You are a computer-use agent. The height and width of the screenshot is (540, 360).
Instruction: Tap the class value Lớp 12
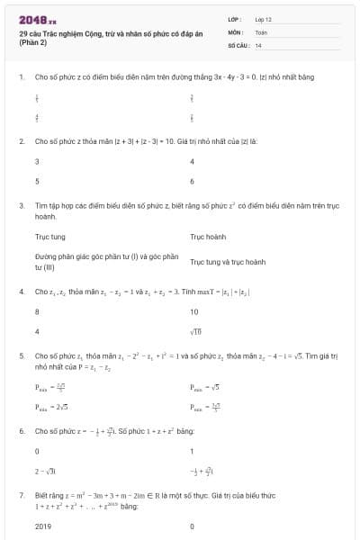click(x=264, y=18)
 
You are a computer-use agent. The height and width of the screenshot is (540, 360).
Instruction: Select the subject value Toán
click(x=261, y=31)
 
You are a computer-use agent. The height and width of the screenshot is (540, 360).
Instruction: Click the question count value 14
click(x=258, y=44)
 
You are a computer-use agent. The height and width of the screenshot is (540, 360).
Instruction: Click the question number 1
click(x=21, y=77)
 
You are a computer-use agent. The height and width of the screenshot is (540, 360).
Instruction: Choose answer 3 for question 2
click(x=37, y=162)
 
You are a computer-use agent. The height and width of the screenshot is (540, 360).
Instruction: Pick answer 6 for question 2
click(x=193, y=180)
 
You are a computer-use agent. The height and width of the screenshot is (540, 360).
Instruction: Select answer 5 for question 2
click(x=37, y=180)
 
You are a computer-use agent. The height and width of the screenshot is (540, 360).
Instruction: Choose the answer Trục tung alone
click(x=49, y=238)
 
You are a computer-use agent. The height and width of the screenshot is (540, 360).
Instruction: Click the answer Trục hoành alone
click(x=208, y=238)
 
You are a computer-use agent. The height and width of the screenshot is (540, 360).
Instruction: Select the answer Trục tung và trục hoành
click(x=228, y=262)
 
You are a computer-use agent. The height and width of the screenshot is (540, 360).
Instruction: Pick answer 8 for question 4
click(x=37, y=311)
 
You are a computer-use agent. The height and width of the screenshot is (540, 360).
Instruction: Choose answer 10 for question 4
click(x=193, y=311)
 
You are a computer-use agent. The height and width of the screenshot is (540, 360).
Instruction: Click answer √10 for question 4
click(x=194, y=330)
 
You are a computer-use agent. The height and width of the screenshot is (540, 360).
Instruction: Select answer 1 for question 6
click(x=193, y=451)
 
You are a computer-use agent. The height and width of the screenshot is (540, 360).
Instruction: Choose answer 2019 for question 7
click(x=43, y=526)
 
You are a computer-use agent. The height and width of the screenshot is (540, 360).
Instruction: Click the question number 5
click(x=21, y=356)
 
